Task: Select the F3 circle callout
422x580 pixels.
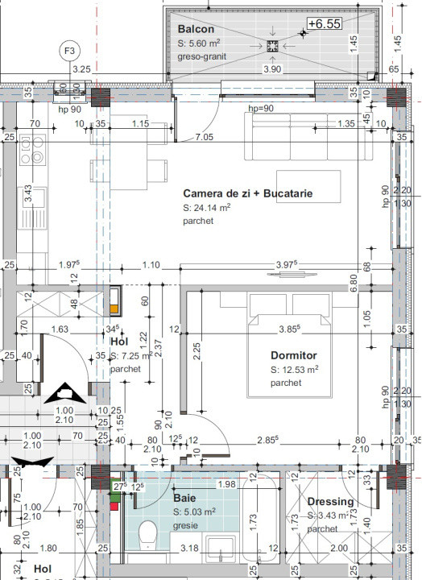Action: tap(70, 51)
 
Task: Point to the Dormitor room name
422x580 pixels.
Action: tap(294, 355)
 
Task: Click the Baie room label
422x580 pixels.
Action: tap(184, 499)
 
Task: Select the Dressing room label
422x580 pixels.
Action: tap(330, 502)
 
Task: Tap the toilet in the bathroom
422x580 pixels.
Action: tap(147, 535)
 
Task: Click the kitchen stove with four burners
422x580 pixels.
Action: tap(34, 150)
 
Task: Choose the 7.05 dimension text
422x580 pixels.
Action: tap(205, 138)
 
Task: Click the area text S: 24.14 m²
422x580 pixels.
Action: tap(207, 207)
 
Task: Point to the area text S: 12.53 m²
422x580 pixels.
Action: tap(294, 369)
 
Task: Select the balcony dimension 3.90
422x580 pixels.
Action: tap(275, 70)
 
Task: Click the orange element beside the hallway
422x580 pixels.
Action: tap(115, 301)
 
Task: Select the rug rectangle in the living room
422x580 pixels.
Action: tap(308, 186)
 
